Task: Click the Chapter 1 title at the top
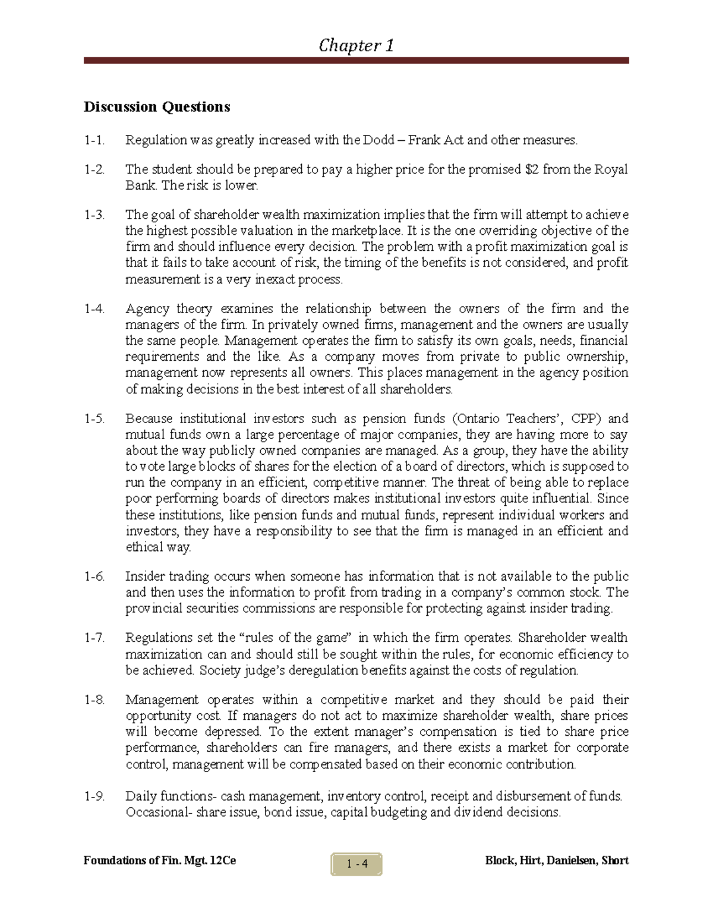pos(356,45)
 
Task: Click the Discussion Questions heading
pos(156,107)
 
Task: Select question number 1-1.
pos(94,141)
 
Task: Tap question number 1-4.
pos(94,309)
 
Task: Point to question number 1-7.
pos(94,638)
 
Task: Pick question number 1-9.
pos(94,796)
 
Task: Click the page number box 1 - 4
pos(356,864)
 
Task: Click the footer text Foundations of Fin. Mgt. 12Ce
pos(160,861)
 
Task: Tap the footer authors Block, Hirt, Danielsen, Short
pos(557,861)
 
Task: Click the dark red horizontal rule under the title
pos(356,61)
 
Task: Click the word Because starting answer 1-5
pos(149,418)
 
